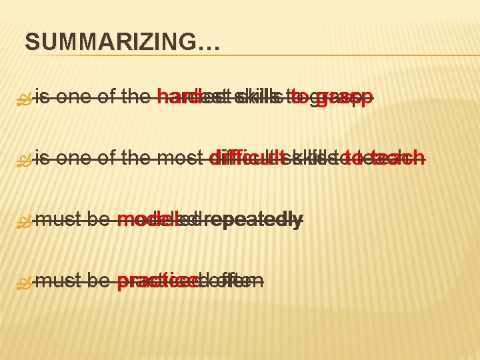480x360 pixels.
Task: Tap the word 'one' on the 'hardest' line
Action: (74, 98)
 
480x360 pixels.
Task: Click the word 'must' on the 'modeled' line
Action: (57, 219)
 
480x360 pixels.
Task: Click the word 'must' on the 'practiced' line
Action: (57, 281)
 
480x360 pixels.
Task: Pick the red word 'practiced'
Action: (159, 281)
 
